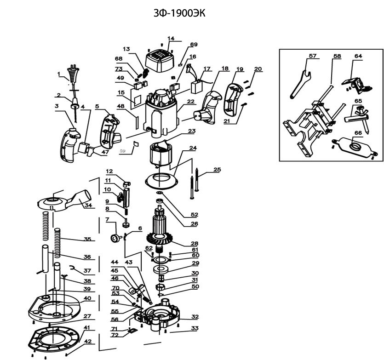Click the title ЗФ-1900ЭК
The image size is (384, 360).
tap(179, 13)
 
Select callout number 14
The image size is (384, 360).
tap(171, 39)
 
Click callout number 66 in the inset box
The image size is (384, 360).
tap(358, 133)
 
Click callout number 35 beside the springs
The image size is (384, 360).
tap(87, 239)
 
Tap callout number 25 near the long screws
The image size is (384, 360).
tap(217, 170)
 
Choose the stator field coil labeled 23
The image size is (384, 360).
tap(160, 153)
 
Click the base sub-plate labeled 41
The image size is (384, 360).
tap(53, 339)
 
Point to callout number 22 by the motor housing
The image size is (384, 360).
tap(190, 102)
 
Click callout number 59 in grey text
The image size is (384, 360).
tap(122, 151)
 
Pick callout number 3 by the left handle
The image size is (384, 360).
tap(57, 106)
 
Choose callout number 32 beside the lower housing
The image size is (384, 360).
tap(195, 316)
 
